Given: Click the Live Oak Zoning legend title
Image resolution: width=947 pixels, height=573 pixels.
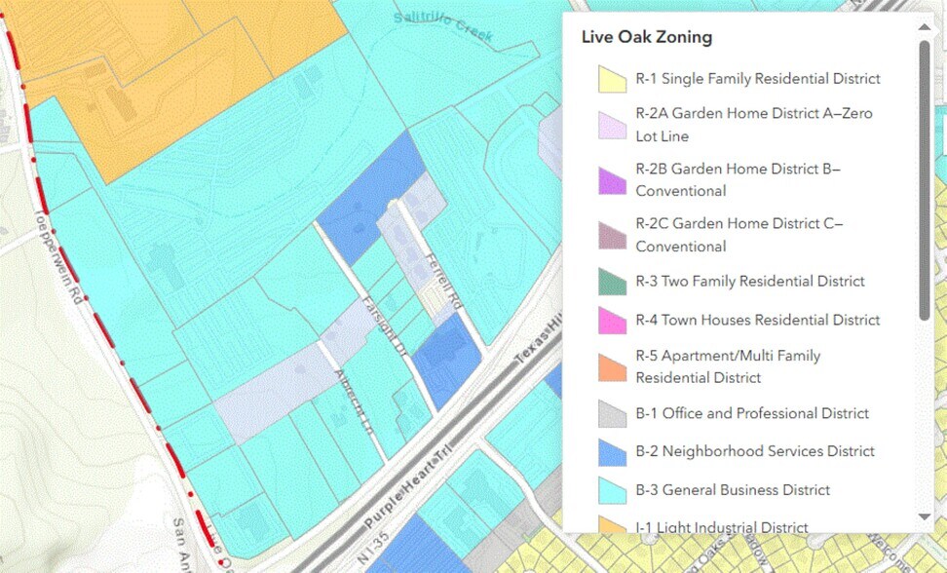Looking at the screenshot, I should point(646,38).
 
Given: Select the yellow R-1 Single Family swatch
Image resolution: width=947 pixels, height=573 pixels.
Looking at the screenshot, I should point(612,79).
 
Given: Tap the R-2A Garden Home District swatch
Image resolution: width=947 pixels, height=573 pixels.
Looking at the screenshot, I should point(612,125).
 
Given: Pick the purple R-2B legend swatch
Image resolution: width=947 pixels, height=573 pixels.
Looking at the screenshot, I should point(612,180).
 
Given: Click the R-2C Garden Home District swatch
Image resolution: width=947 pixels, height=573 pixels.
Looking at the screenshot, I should point(612,235).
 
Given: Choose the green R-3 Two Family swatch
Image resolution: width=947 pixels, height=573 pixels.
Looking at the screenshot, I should point(612,282).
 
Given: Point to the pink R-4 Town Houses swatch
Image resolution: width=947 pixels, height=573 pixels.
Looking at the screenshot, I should point(612,320).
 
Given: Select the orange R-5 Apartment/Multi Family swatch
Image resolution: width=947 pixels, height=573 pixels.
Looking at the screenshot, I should point(612,366).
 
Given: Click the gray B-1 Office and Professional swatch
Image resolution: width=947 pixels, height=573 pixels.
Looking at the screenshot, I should point(612,414).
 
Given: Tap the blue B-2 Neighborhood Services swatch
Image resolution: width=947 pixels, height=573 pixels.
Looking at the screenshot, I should point(612,451).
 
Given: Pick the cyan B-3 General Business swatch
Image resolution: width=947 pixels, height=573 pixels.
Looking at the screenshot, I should point(612,490).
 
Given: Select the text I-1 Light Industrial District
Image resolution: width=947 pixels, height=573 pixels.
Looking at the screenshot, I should point(721,527).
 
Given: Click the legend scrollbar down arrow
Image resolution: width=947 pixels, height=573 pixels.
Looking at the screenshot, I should point(925,516).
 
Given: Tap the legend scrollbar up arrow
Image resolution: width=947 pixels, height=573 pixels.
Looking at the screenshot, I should point(925,30).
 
